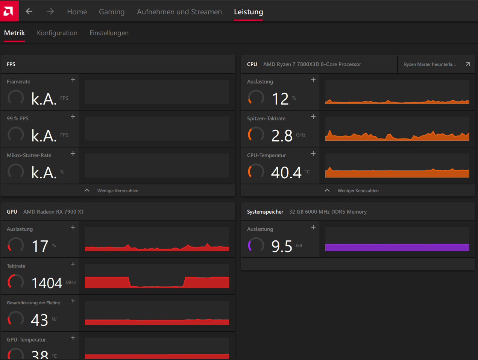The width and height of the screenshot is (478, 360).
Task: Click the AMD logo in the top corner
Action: (9, 11)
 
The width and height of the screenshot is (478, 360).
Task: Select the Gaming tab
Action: (112, 12)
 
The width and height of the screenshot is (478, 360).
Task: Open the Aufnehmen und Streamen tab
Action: (179, 12)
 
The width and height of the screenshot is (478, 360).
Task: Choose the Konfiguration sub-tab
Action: (57, 33)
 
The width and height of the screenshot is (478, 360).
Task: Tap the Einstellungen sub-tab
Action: (109, 33)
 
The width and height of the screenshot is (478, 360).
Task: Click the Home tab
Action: (77, 12)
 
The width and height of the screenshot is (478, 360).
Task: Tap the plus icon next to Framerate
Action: (73, 80)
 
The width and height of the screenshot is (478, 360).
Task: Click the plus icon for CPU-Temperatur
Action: (313, 153)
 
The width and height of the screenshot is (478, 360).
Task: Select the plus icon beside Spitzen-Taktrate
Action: (313, 117)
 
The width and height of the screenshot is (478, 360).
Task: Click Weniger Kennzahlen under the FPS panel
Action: (118, 191)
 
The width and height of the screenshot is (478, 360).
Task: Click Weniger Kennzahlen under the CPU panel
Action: (358, 191)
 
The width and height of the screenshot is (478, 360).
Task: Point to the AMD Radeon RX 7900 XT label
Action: (53, 212)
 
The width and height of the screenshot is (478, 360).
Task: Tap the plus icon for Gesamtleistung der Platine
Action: (73, 301)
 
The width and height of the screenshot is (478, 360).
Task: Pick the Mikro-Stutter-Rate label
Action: (29, 155)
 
